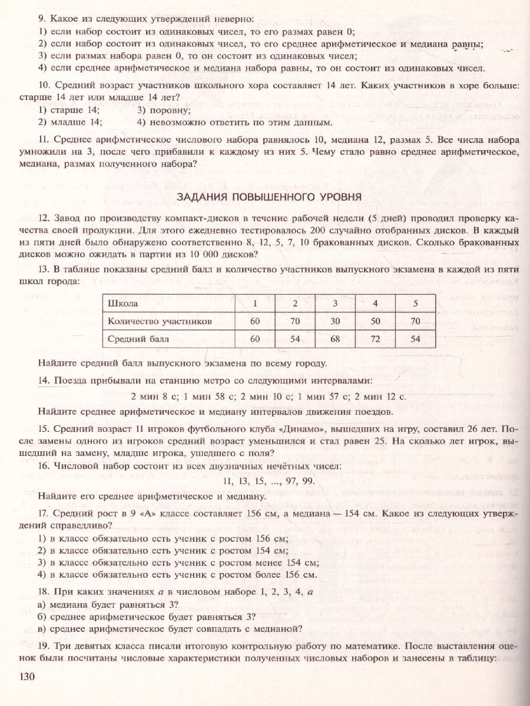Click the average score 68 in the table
335,339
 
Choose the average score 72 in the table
375,339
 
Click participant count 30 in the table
335,321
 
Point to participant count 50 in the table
375,321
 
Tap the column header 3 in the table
335,304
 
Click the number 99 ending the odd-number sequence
317,481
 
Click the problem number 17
44,513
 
